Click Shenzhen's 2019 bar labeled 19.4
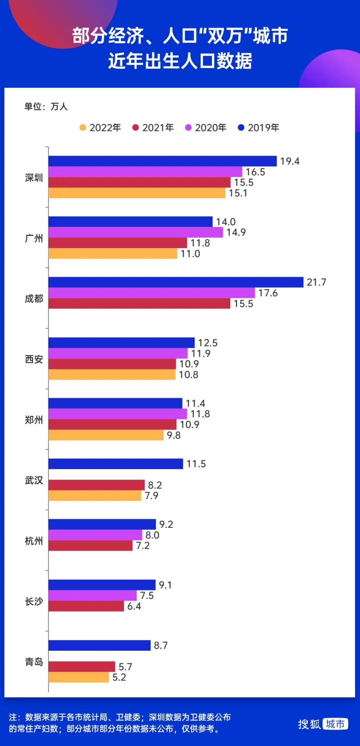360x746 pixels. pyautogui.click(x=162, y=161)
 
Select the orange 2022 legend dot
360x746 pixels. pyautogui.click(x=83, y=128)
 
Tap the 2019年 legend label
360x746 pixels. pyautogui.click(x=263, y=128)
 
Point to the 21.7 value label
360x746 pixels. pyautogui.click(x=316, y=282)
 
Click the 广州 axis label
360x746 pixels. pyautogui.click(x=34, y=238)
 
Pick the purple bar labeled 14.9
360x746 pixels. pyautogui.click(x=135, y=232)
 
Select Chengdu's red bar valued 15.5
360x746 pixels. pyautogui.click(x=139, y=304)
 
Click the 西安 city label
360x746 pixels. pyautogui.click(x=34, y=359)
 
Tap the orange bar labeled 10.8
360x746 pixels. pyautogui.click(x=112, y=375)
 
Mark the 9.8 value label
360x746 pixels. pyautogui.click(x=174, y=435)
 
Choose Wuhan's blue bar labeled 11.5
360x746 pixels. pyautogui.click(x=115, y=464)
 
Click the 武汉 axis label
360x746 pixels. pyautogui.click(x=34, y=480)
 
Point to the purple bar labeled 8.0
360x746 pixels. pyautogui.click(x=95, y=535)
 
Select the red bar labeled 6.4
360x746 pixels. pyautogui.click(x=86, y=606)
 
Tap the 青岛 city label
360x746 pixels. pyautogui.click(x=34, y=662)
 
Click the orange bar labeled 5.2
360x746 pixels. pyautogui.click(x=78, y=677)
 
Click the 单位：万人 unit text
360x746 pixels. pyautogui.click(x=46, y=107)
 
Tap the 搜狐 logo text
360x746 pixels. pyautogui.click(x=309, y=724)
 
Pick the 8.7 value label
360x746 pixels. pyautogui.click(x=161, y=646)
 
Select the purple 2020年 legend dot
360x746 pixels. pyautogui.click(x=188, y=128)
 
